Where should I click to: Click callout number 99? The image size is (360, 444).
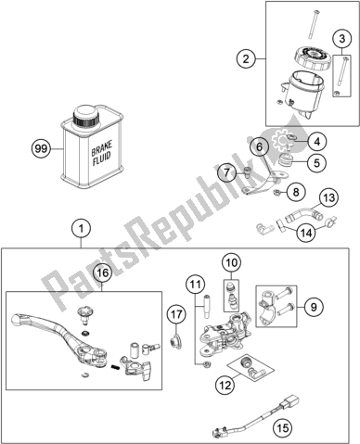pyautogui.click(x=42, y=149)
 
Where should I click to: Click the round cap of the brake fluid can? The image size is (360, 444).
pyautogui.click(x=86, y=116)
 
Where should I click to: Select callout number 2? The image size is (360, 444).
pyautogui.click(x=246, y=58)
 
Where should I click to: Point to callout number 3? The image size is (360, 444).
pyautogui.click(x=341, y=39)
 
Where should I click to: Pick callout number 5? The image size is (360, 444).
pyautogui.click(x=316, y=162)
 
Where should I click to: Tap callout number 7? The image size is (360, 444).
pyautogui.click(x=227, y=172)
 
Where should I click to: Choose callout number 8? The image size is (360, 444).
pyautogui.click(x=296, y=192)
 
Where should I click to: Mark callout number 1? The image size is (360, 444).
pyautogui.click(x=81, y=229)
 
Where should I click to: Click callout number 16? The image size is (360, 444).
pyautogui.click(x=103, y=273)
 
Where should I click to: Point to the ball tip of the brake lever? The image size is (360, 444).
pyautogui.click(x=17, y=319)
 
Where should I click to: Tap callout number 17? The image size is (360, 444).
pyautogui.click(x=176, y=315)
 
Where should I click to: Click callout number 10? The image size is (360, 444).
pyautogui.click(x=232, y=262)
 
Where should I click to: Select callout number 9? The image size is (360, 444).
pyautogui.click(x=314, y=307)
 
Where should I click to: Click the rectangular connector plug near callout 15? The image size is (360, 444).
pyautogui.click(x=288, y=400)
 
